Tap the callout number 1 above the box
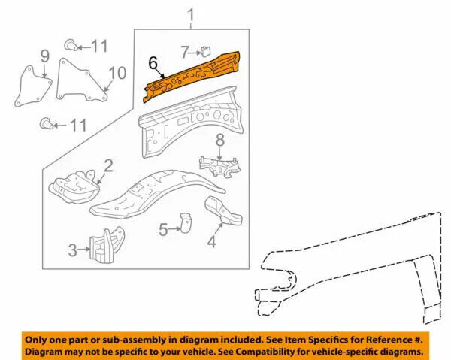point(191,15)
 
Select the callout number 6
point(153,63)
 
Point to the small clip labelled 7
point(206,51)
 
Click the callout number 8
point(220,141)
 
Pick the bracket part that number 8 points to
point(220,167)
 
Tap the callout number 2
point(108,166)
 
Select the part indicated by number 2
point(74,187)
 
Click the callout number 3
point(73,250)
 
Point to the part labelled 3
point(107,245)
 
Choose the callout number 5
point(163,230)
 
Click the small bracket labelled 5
point(186,223)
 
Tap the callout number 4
point(212,241)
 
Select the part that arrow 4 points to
point(223,210)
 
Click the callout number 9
point(44,56)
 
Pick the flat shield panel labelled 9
point(33,87)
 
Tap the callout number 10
point(117,73)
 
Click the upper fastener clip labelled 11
point(71,45)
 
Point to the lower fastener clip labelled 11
point(46,124)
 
